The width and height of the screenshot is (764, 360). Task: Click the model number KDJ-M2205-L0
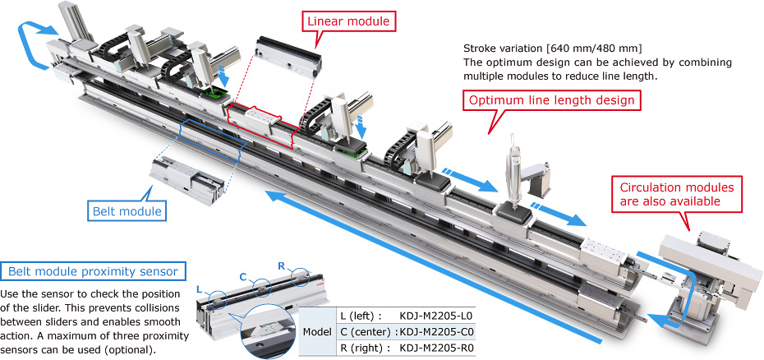coord(435,315)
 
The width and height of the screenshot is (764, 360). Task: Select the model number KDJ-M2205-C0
coord(435,331)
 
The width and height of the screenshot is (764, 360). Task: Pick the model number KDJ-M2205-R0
coord(435,348)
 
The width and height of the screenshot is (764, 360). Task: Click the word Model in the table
coord(317,331)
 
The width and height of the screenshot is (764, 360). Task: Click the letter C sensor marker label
coord(243,275)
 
